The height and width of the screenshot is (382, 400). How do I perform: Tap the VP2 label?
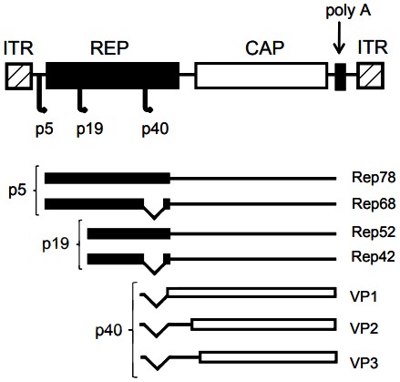363,325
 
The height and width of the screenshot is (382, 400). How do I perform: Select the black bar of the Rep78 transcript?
107,178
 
